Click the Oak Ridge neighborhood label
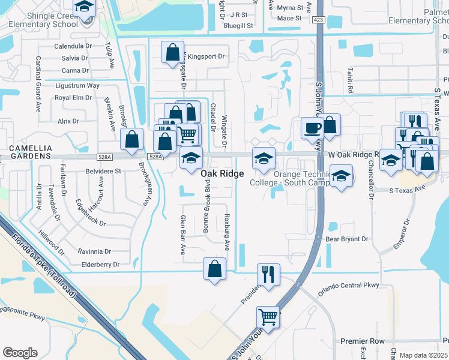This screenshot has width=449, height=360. (x=222, y=173)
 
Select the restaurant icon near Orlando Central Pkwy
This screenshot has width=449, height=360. (x=268, y=274)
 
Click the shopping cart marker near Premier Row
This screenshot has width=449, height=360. (x=268, y=316)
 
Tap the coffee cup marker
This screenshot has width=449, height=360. (x=312, y=128)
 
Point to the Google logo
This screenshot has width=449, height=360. (x=20, y=353)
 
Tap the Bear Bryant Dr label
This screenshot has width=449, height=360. (x=346, y=239)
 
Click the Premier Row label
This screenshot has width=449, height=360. (x=362, y=341)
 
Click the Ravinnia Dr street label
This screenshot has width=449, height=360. (x=98, y=251)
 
